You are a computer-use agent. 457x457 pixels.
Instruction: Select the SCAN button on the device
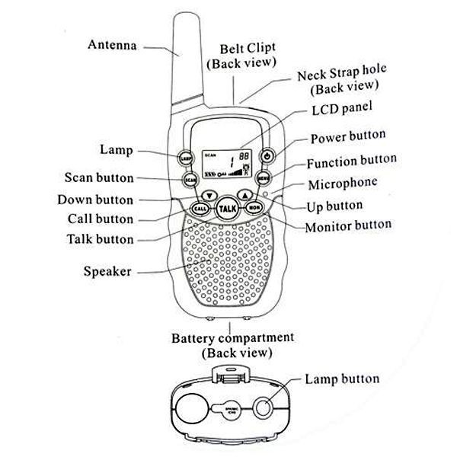pyautogui.click(x=190, y=180)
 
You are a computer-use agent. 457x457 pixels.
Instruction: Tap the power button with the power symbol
pyautogui.click(x=267, y=157)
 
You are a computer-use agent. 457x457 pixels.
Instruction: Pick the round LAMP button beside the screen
pyautogui.click(x=186, y=158)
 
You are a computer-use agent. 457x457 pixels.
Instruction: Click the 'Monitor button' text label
pyautogui.click(x=348, y=226)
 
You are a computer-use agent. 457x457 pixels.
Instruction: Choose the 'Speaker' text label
pyautogui.click(x=107, y=271)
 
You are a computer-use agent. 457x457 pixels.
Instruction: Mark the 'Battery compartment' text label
pyautogui.click(x=232, y=337)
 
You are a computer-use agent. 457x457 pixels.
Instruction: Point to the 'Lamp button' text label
pyautogui.click(x=341, y=379)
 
